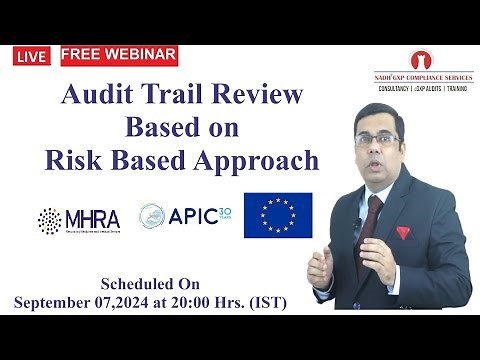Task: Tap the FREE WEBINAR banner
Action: pyautogui.click(x=119, y=53)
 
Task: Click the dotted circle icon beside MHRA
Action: pyautogui.click(x=49, y=219)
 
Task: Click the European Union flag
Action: pyautogui.click(x=278, y=215)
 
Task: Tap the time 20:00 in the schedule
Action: pyautogui.click(x=216, y=301)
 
